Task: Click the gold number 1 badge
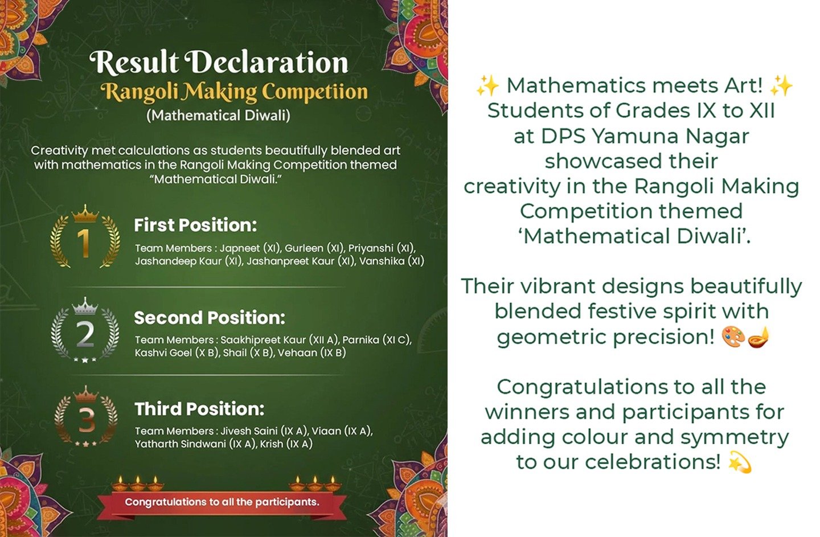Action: (85, 237)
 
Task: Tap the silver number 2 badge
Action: (85, 330)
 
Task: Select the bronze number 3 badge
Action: (85, 417)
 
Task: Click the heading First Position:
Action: (195, 225)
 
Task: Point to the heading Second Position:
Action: (210, 317)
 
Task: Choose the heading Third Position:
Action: (199, 408)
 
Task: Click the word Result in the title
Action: (134, 62)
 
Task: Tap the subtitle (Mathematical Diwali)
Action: (218, 116)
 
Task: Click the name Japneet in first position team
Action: (240, 248)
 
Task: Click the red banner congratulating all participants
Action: (222, 502)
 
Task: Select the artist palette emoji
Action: (733, 337)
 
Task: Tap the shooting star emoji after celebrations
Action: (740, 462)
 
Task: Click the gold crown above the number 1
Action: (85, 214)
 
